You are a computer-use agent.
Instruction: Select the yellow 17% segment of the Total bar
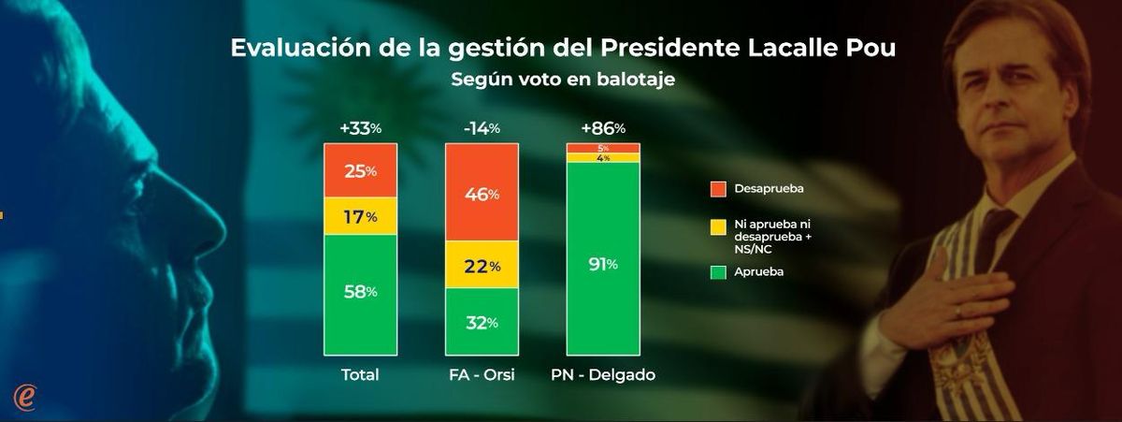(359, 216)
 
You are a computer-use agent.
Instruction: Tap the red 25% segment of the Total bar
(359, 171)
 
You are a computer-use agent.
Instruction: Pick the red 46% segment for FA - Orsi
(481, 193)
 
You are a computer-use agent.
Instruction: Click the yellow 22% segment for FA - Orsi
(481, 265)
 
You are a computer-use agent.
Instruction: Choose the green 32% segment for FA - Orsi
(481, 322)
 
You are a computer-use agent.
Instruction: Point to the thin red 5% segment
(603, 148)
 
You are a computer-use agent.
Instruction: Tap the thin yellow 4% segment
(603, 158)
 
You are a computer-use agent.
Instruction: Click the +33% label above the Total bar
(359, 129)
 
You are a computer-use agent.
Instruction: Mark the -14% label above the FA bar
(481, 129)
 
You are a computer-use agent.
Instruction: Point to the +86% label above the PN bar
(603, 129)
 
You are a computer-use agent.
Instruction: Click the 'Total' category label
(359, 375)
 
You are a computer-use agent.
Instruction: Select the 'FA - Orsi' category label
(481, 375)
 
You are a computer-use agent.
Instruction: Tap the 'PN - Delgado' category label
(603, 375)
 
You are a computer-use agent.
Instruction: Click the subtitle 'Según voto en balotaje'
(563, 80)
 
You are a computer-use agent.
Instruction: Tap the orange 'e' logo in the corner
(25, 396)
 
